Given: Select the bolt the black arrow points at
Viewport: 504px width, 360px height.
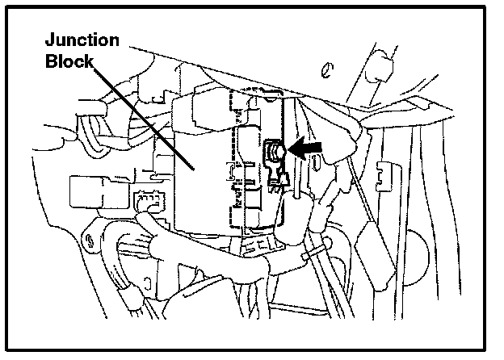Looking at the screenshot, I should coord(274,150).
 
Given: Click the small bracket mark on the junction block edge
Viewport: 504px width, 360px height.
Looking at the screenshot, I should coord(232,171).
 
